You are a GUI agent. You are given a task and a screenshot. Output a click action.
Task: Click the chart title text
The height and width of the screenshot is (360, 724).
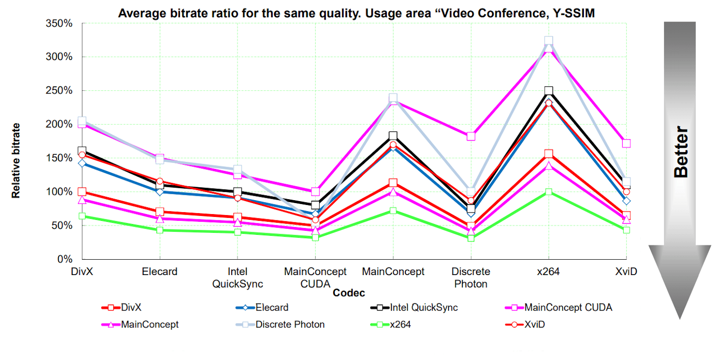point(356,13)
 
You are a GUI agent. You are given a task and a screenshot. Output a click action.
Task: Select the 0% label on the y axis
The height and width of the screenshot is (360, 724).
point(64,259)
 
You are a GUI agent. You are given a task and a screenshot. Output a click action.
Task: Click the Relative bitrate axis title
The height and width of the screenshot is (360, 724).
point(16,160)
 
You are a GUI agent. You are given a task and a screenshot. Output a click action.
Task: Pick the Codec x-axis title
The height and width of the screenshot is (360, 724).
point(349,293)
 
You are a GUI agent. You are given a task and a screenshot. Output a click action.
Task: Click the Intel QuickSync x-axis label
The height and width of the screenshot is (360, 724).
point(237,277)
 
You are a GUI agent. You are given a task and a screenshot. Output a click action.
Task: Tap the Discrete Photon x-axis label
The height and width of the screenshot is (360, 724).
point(471,277)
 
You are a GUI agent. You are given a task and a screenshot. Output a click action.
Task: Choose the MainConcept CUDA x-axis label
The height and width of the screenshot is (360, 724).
point(315,277)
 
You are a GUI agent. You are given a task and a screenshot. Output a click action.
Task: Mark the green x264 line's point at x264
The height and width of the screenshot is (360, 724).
point(548,192)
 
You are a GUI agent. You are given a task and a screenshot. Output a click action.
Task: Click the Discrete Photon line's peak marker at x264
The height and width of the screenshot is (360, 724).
point(548,41)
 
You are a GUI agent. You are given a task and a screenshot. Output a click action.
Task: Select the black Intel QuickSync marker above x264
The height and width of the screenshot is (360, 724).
point(548,91)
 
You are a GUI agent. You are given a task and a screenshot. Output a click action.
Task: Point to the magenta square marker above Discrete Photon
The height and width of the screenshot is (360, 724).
point(471,136)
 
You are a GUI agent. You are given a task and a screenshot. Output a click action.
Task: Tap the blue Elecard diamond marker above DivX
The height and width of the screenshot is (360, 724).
point(82,163)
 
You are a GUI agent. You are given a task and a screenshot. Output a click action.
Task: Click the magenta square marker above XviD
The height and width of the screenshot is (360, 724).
point(626,143)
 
